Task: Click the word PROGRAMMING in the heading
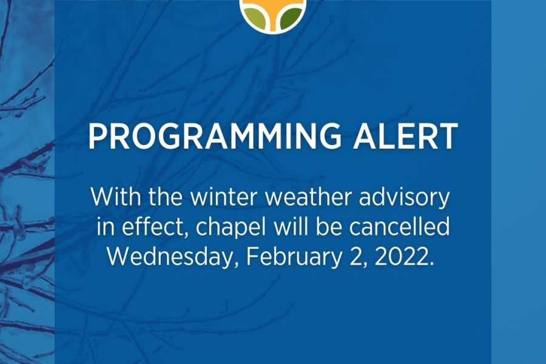click(x=215, y=136)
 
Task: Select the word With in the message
click(x=116, y=197)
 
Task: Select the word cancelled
click(x=399, y=227)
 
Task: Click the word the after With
click(x=166, y=197)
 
